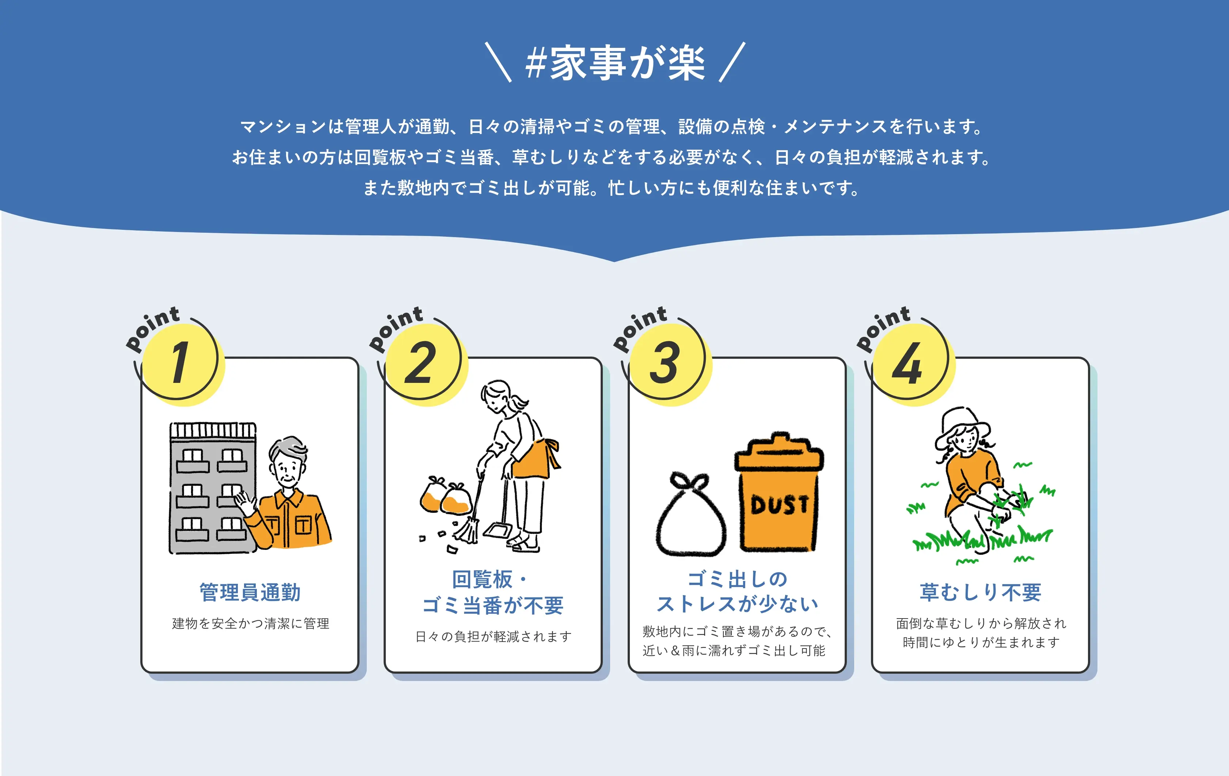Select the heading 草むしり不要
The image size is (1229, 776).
pyautogui.click(x=980, y=592)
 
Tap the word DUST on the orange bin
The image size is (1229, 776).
pyautogui.click(x=779, y=505)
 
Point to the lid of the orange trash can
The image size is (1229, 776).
pyautogui.click(x=779, y=452)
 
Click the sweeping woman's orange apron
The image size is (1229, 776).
pyautogui.click(x=536, y=457)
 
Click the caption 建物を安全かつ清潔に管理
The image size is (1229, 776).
pyautogui.click(x=250, y=623)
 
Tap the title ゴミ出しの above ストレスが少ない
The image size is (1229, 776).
pyautogui.click(x=738, y=579)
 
